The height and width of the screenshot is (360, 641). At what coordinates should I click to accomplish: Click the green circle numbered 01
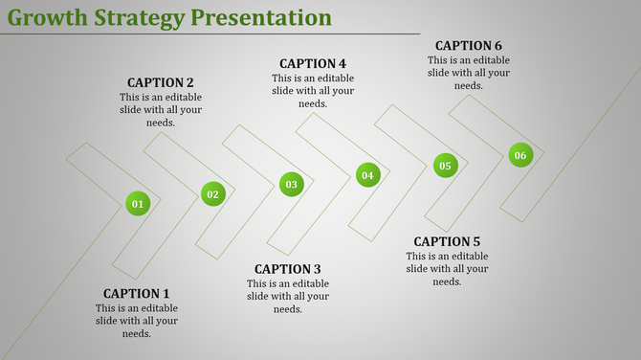[x=138, y=203]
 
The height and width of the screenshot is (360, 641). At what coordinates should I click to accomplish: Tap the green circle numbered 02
[x=212, y=194]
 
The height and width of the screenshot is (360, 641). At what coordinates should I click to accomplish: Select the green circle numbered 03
[x=291, y=184]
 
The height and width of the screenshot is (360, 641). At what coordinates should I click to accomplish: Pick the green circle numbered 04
[x=367, y=175]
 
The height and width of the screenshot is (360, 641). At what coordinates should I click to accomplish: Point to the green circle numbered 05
[x=445, y=166]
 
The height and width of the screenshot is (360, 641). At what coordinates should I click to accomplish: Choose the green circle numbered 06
[x=519, y=155]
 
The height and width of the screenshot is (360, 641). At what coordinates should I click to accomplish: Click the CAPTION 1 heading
[x=136, y=293]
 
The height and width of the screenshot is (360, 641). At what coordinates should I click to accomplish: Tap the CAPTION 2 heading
[x=161, y=82]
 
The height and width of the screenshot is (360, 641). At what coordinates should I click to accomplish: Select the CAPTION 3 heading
[x=288, y=269]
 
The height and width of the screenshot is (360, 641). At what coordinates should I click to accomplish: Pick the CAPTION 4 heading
[x=313, y=63]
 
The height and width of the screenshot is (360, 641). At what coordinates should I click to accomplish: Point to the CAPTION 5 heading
[x=447, y=241]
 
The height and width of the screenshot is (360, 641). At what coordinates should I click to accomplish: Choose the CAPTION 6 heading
[x=469, y=45]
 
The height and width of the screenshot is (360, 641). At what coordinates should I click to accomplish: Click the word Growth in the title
[x=48, y=17]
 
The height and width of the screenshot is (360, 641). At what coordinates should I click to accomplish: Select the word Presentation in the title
[x=263, y=17]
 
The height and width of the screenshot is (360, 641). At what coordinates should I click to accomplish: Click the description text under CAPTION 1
[x=136, y=321]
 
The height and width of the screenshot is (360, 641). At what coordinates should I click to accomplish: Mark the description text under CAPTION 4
[x=313, y=91]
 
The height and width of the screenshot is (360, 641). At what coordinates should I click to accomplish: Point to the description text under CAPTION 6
[x=469, y=73]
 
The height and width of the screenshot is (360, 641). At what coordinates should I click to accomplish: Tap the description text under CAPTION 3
[x=288, y=297]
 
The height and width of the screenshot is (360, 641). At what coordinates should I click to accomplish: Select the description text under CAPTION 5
[x=447, y=269]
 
